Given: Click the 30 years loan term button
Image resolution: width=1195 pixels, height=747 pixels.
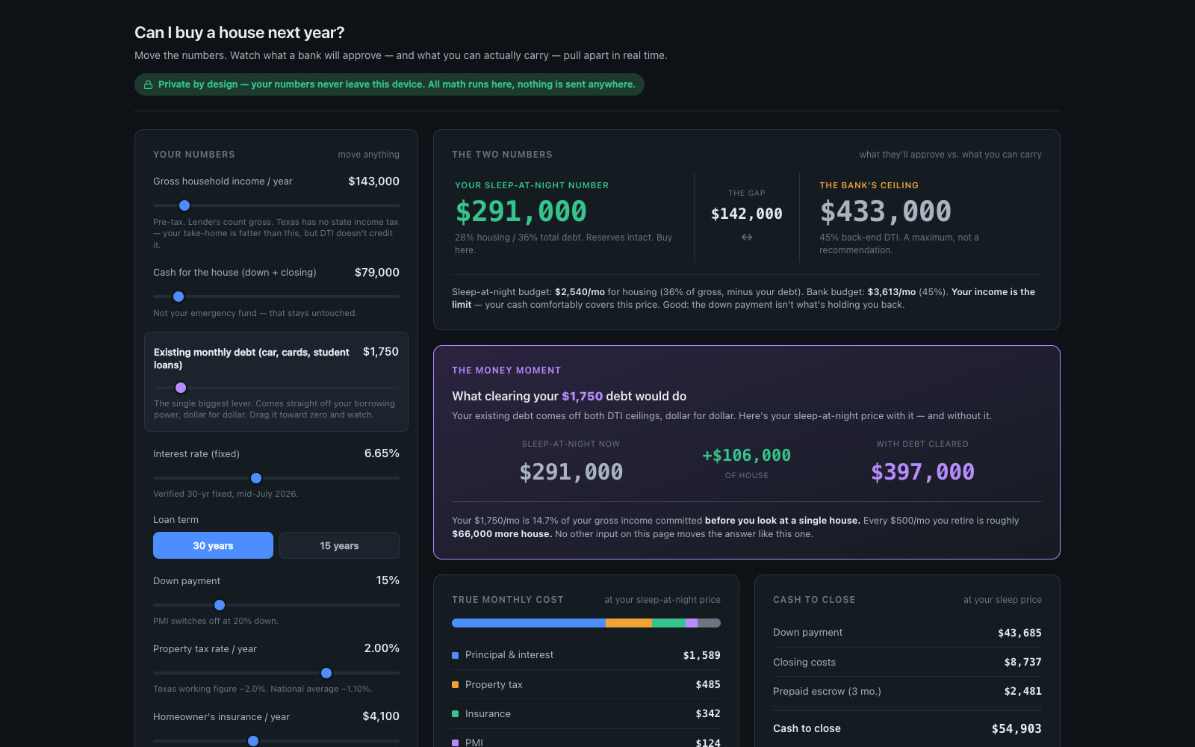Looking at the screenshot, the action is click(x=213, y=545).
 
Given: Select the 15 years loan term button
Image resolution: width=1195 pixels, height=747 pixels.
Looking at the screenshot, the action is click(x=339, y=545).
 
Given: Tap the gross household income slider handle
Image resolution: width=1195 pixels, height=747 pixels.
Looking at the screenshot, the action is click(x=184, y=205).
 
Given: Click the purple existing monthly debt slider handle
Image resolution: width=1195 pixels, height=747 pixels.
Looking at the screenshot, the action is click(x=181, y=388).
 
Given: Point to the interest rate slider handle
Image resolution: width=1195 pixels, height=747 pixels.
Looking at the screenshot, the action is click(x=256, y=478).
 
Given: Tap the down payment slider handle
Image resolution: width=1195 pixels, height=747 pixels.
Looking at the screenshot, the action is click(x=220, y=605).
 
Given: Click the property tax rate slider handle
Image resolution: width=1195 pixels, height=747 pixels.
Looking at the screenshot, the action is click(x=326, y=673).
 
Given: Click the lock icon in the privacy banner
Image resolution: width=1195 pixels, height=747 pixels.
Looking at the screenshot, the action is click(x=149, y=85).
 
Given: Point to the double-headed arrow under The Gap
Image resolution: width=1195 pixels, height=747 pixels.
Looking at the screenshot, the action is click(x=747, y=237).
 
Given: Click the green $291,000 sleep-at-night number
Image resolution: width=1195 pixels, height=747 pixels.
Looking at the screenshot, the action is click(x=521, y=211).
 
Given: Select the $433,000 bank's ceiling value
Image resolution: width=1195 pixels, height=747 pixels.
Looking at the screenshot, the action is click(x=886, y=211).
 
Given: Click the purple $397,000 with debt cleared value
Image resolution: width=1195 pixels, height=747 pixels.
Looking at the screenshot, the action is click(x=922, y=472).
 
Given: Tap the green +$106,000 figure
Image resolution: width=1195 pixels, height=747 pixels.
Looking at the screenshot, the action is click(x=746, y=455).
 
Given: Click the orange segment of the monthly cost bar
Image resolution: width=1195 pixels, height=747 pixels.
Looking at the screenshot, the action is click(x=628, y=623).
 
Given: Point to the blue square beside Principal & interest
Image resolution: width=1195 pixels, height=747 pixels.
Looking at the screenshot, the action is click(x=455, y=655).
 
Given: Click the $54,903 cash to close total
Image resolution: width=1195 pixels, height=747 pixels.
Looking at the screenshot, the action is click(x=1016, y=729).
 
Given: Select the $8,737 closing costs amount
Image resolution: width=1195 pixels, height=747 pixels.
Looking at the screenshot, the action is click(x=1022, y=662).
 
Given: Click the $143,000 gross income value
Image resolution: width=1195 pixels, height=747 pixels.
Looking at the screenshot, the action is click(x=373, y=182).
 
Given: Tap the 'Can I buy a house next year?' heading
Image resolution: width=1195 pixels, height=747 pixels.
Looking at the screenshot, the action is click(x=240, y=33).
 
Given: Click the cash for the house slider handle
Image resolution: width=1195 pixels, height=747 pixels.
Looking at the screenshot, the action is click(x=179, y=297).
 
